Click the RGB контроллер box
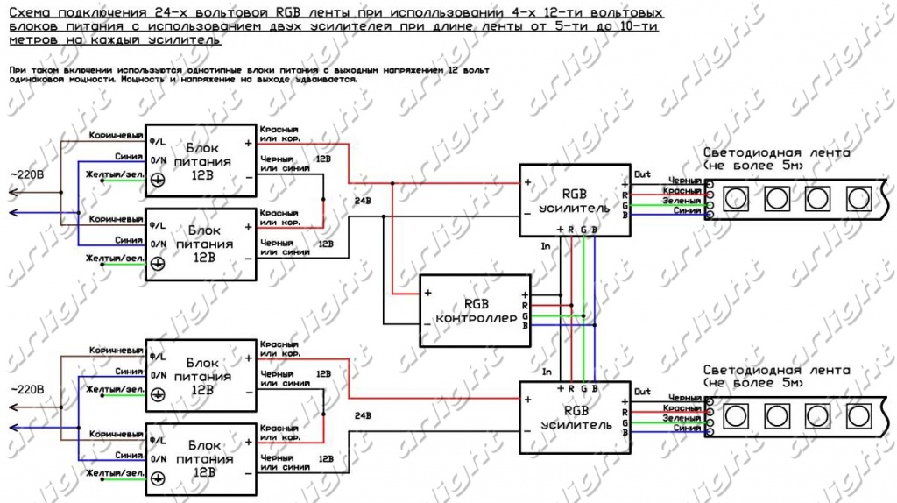coord(475,310)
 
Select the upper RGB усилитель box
coord(573,201)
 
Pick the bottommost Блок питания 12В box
coord(201,458)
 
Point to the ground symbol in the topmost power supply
coord(159,180)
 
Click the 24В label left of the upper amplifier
coord(361,200)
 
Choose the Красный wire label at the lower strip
coord(682,408)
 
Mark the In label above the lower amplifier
coord(547,371)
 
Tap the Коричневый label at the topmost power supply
coord(117,136)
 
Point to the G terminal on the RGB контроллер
coord(525,315)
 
